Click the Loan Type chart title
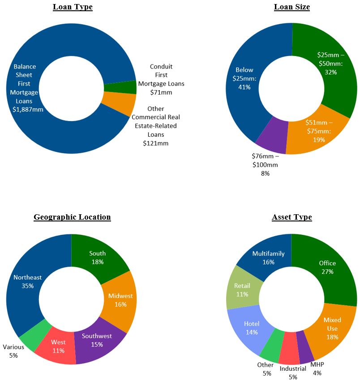point(73,7)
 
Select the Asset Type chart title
point(291,217)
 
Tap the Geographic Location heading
point(72,217)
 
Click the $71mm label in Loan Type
point(161,92)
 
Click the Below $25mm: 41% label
point(244,78)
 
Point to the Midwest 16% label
point(120,300)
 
